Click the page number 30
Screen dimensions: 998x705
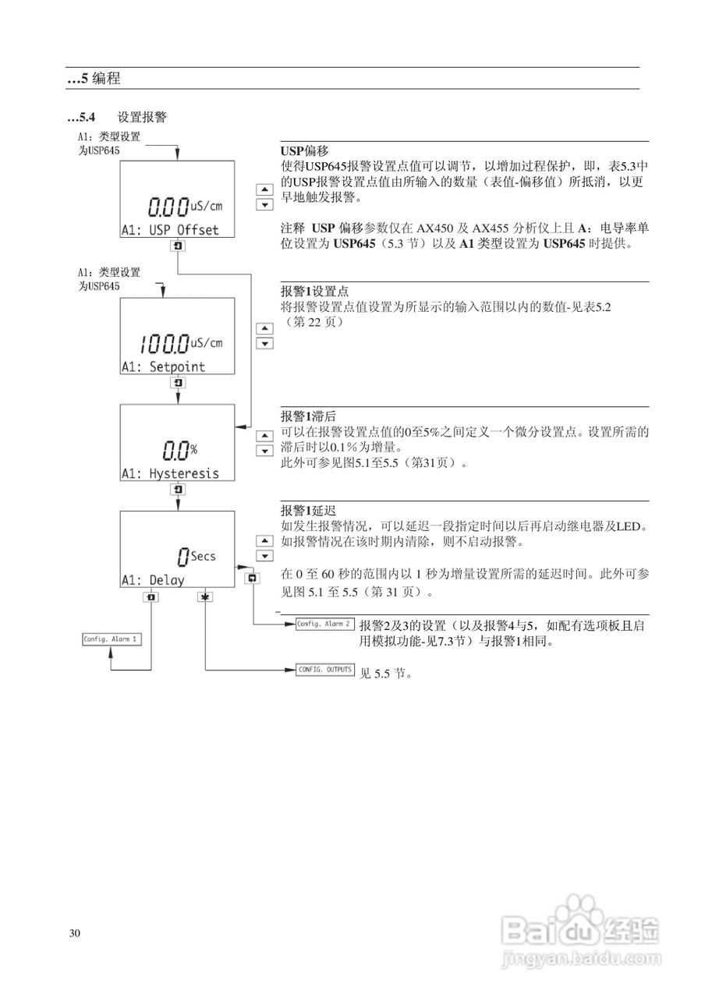point(75,934)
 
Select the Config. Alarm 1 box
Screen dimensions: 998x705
point(112,639)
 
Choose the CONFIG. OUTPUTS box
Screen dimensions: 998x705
point(324,670)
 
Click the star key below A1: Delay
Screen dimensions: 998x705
point(204,597)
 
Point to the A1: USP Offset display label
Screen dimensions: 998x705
point(169,230)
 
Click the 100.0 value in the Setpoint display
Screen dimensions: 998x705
point(165,342)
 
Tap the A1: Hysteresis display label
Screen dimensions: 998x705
point(169,473)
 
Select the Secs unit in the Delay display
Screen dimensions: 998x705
point(203,556)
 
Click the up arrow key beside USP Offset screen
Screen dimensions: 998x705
point(265,189)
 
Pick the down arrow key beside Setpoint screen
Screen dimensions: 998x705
point(265,343)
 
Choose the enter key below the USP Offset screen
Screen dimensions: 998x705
point(179,246)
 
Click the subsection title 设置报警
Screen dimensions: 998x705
point(141,118)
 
